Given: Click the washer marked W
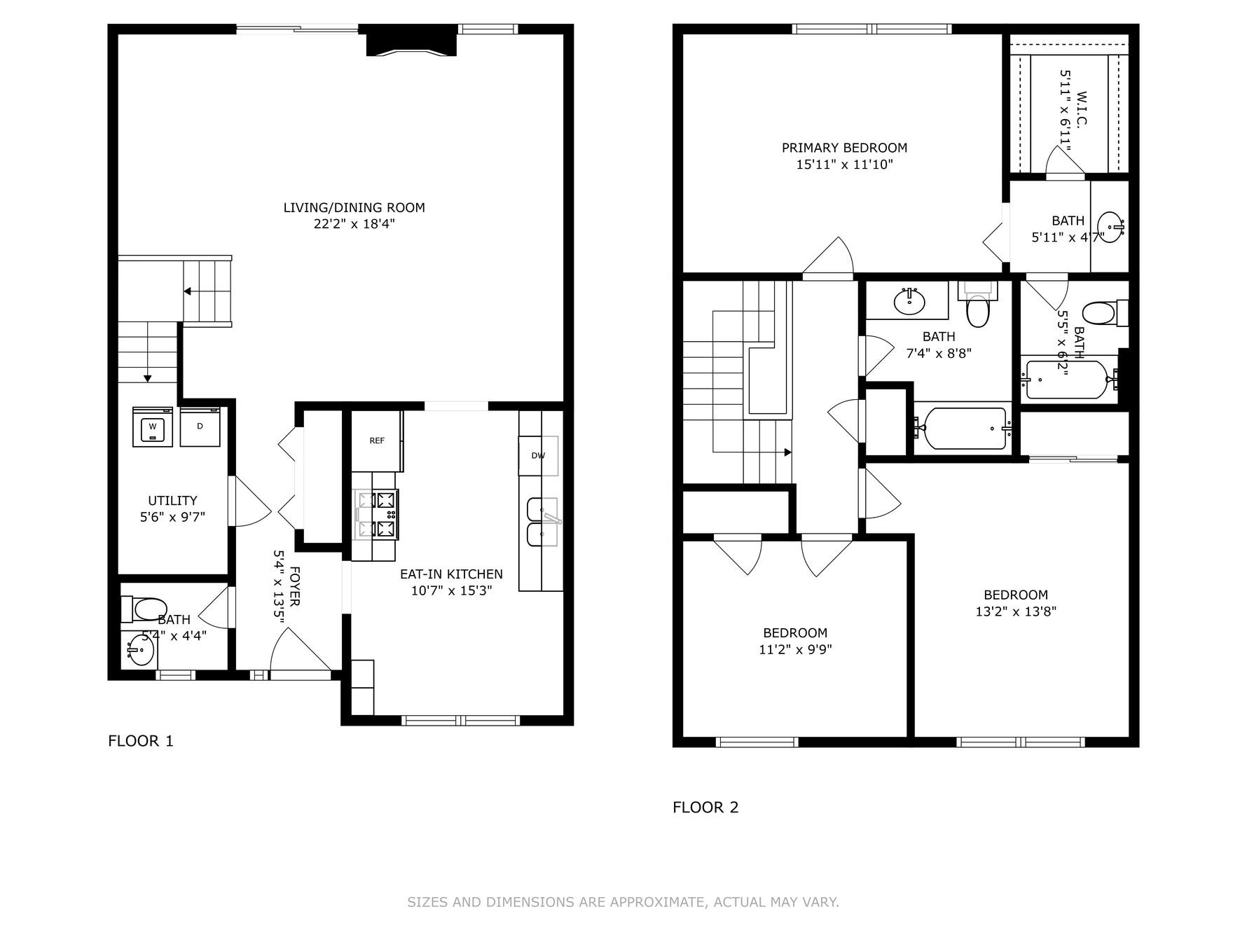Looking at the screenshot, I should pyautogui.click(x=152, y=427).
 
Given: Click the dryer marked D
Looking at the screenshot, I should pyautogui.click(x=200, y=427).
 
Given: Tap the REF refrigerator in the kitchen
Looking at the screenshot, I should pyautogui.click(x=377, y=441).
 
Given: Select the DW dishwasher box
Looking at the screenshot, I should pyautogui.click(x=538, y=455).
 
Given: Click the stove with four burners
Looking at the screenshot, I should pyautogui.click(x=377, y=515).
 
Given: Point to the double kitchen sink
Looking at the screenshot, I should pyautogui.click(x=542, y=522).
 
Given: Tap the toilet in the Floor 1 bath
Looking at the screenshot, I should pyautogui.click(x=145, y=609).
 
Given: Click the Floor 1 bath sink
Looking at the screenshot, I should pyautogui.click(x=139, y=652).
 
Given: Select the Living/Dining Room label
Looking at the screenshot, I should pyautogui.click(x=354, y=207).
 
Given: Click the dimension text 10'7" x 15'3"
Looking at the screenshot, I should pyautogui.click(x=451, y=590).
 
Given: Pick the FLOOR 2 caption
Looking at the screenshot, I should pyautogui.click(x=705, y=808).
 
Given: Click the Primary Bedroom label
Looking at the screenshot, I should pyautogui.click(x=844, y=148).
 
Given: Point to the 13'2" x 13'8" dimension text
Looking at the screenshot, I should pyautogui.click(x=1015, y=611).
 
